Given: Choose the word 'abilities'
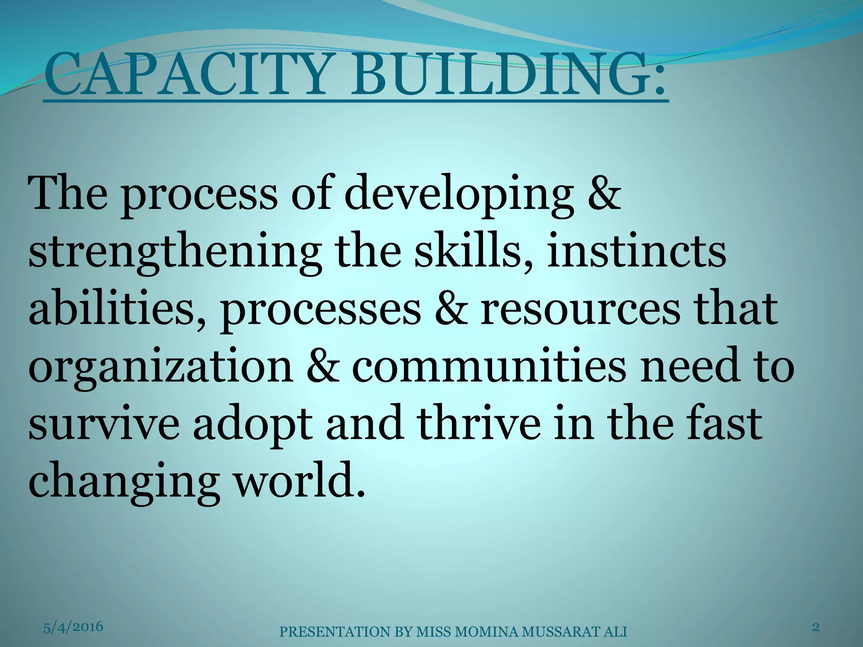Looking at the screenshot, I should [x=118, y=310].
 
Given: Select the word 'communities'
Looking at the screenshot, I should [x=489, y=365].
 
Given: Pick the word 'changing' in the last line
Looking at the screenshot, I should [x=122, y=482].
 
